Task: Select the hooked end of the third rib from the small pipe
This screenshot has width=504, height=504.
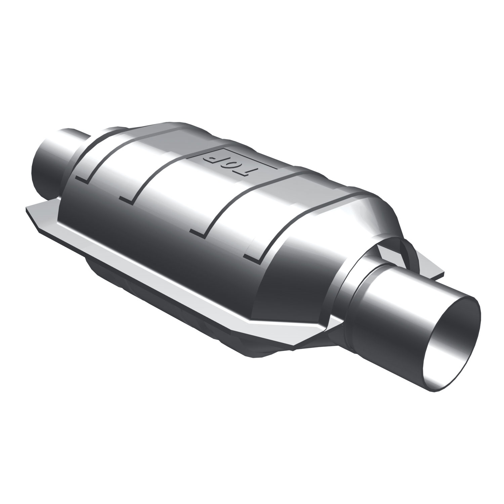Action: (198, 232)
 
